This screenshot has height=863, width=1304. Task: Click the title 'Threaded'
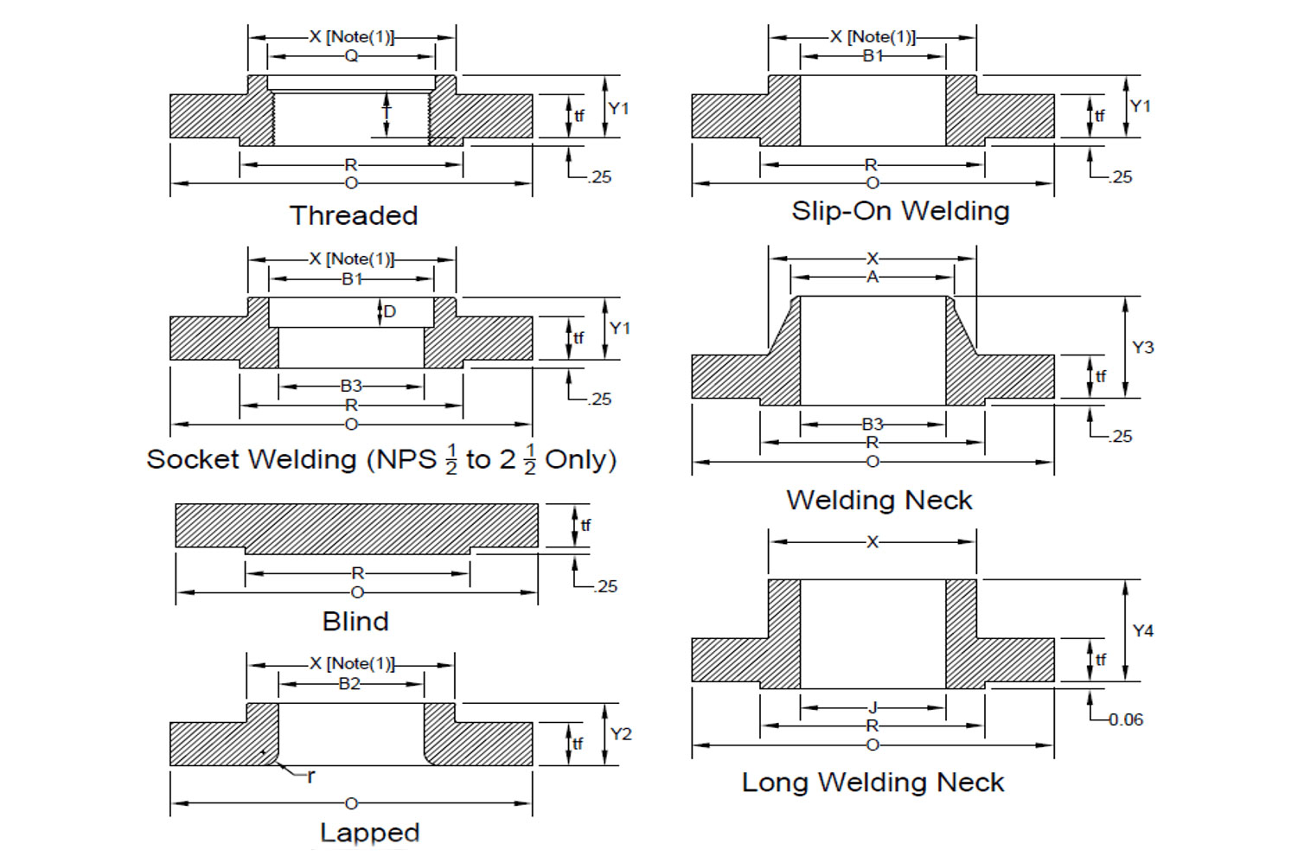354,215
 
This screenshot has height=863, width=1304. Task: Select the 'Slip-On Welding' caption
900,211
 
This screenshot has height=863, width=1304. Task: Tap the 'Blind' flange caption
355,621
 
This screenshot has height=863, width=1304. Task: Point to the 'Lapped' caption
369,832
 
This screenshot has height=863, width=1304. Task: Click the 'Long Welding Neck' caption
873,783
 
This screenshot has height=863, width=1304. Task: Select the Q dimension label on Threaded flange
351,56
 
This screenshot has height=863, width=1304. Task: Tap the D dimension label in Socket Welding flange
390,311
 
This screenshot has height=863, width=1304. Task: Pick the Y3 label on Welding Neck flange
1142,347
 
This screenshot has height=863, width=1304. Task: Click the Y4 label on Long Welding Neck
1142,630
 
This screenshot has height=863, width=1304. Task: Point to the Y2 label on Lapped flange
621,734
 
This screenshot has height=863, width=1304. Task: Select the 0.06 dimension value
1126,719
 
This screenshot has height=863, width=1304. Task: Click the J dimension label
873,707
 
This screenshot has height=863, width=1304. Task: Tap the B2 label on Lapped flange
349,684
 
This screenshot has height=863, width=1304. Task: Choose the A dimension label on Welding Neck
873,277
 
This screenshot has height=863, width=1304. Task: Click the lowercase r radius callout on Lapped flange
311,776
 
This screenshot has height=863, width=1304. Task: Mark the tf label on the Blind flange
585,525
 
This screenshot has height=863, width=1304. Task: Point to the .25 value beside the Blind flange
606,586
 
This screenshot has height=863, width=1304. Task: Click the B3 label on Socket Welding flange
351,386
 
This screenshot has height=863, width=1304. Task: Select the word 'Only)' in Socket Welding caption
580,459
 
